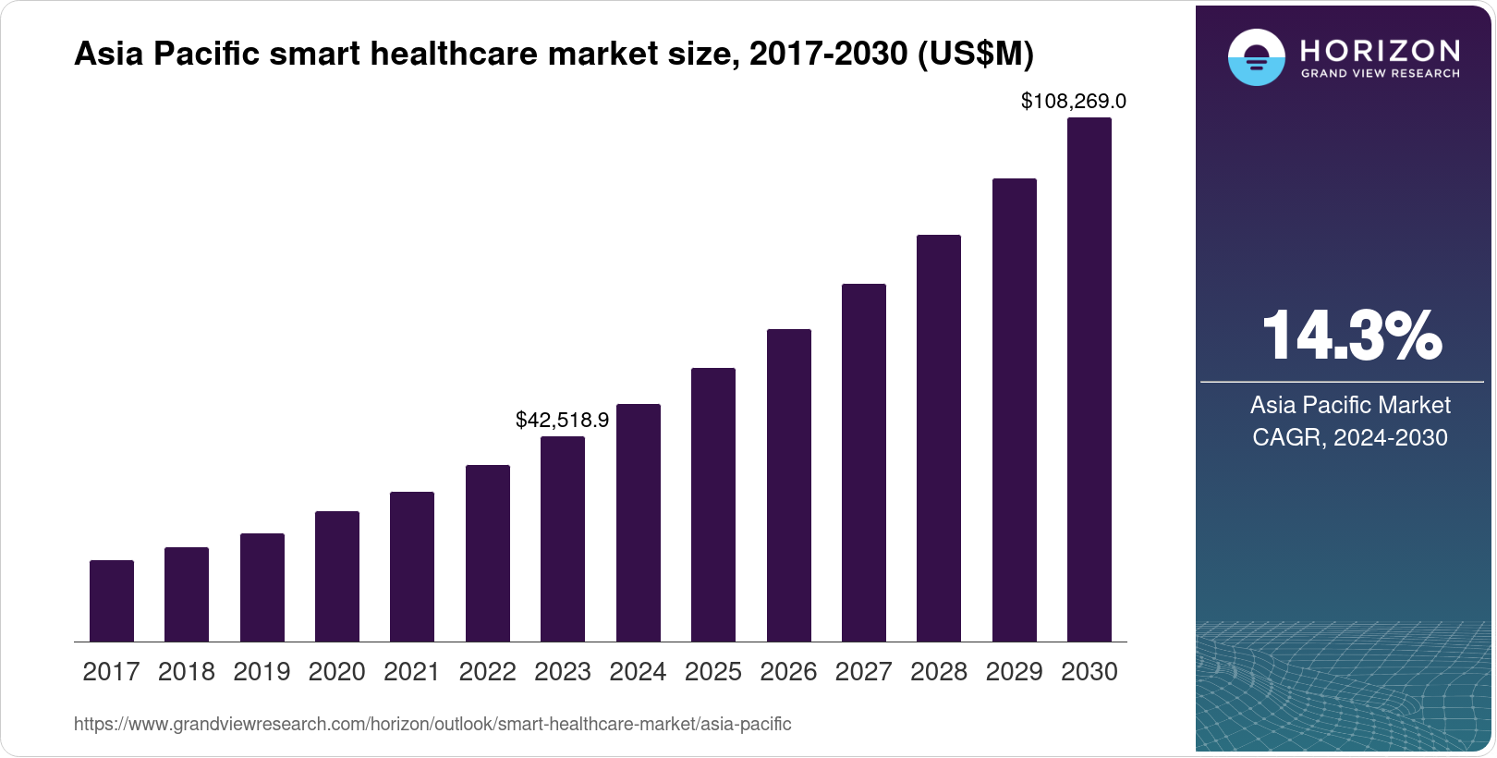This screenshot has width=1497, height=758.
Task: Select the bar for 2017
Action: (112, 601)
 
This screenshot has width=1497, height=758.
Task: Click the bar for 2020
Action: (337, 576)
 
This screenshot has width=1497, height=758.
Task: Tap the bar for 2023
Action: (563, 539)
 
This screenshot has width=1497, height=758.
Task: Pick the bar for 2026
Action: (789, 485)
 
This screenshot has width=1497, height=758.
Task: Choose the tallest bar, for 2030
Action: (1089, 379)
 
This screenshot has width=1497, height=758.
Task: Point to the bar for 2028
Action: (939, 438)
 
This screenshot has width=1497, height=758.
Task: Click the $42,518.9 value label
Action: (562, 420)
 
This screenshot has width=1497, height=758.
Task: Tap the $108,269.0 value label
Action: (1073, 101)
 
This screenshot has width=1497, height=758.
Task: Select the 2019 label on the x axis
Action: (262, 672)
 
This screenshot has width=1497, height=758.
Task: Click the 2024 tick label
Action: (638, 672)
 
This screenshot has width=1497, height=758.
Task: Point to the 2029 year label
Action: (1014, 672)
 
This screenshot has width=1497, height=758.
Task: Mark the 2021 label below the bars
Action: (412, 672)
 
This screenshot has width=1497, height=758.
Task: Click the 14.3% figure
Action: (1350, 336)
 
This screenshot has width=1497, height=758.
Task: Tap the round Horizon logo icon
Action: (1256, 57)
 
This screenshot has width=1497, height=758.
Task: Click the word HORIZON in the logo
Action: (1380, 50)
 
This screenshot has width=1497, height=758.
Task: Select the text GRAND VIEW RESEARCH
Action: (1380, 73)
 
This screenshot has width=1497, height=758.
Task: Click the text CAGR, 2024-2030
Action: (1349, 437)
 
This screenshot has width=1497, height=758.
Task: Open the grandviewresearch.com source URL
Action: (432, 724)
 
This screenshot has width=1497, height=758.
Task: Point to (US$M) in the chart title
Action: (975, 54)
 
